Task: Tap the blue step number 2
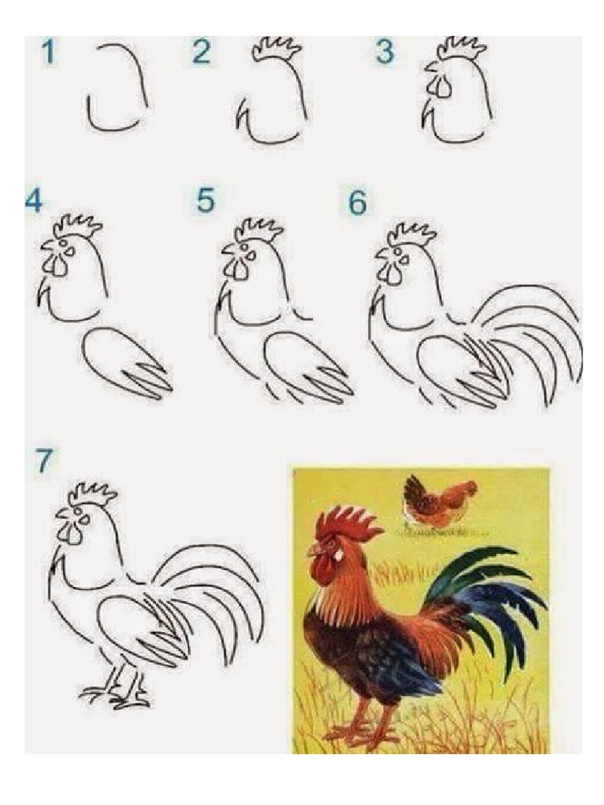pos(201,52)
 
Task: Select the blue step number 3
pos(384,52)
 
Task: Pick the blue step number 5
pos(205,200)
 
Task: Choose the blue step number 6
pos(358,203)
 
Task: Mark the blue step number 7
pos(43,461)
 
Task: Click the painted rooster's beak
pos(314,551)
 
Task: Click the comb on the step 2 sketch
pos(277,50)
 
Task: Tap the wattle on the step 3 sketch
pos(440,86)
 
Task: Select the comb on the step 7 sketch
pos(93,494)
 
